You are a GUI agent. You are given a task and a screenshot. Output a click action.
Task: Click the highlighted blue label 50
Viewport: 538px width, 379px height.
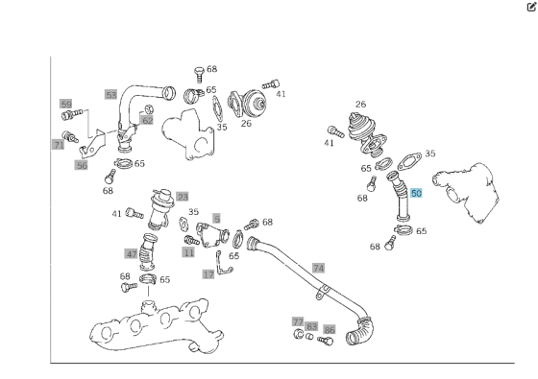(416, 193)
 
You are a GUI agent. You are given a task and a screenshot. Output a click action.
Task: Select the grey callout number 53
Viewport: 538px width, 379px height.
(111, 95)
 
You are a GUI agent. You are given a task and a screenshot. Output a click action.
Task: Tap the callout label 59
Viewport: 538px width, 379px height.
(65, 104)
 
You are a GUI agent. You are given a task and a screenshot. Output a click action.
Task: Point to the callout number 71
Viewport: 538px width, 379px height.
(59, 145)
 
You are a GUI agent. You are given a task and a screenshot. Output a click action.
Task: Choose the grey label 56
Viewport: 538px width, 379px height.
(82, 165)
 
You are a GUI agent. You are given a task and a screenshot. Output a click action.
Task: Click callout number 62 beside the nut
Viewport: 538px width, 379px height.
(147, 120)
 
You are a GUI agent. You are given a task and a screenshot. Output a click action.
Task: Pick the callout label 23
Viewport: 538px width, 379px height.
(182, 197)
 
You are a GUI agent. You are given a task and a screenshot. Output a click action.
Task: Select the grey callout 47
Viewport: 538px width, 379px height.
(131, 254)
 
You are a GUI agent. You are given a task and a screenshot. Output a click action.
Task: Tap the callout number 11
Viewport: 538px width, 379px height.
(188, 252)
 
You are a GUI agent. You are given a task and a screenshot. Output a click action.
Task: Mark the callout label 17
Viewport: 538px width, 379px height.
(208, 274)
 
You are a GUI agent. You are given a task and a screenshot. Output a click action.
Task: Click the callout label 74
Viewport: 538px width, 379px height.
(318, 268)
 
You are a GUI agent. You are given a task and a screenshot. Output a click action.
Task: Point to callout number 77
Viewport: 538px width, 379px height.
(298, 321)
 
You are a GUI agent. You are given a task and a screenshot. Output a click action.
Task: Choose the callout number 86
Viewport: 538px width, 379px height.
(330, 328)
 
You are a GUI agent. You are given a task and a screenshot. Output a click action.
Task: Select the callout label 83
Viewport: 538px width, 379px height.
(311, 327)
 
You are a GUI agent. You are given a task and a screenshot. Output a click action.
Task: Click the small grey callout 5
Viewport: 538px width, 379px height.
(217, 219)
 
